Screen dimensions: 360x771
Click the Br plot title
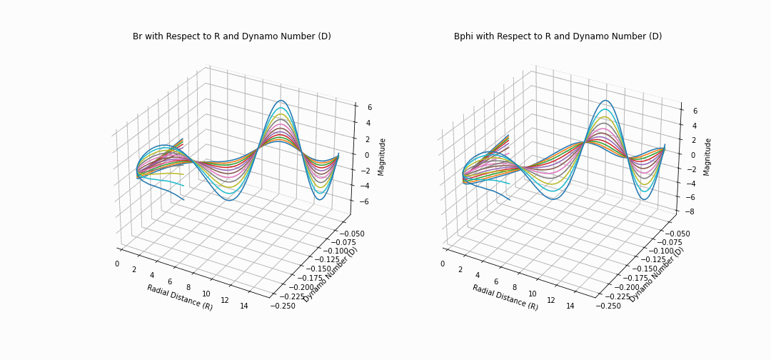point(231,36)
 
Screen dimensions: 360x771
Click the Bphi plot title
point(558,36)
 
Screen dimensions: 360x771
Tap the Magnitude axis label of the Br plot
point(382,156)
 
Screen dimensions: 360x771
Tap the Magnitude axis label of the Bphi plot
point(707,156)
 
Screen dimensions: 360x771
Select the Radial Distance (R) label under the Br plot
point(180,297)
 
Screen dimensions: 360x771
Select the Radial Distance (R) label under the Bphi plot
point(505,297)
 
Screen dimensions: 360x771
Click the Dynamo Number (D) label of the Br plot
point(331,275)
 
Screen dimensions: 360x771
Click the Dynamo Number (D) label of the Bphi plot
point(657,275)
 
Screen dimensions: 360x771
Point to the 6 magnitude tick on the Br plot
point(369,107)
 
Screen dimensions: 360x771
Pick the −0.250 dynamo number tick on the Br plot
point(282,306)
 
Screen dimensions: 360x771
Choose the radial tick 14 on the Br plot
point(244,306)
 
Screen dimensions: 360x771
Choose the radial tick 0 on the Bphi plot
point(443,264)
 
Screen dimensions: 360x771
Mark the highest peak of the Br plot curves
point(281,101)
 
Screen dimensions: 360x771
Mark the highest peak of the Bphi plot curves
point(606,101)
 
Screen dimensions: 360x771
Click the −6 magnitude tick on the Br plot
point(366,201)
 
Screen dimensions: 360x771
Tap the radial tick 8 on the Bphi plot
point(515,288)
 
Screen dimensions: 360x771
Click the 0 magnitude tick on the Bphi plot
point(695,154)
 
